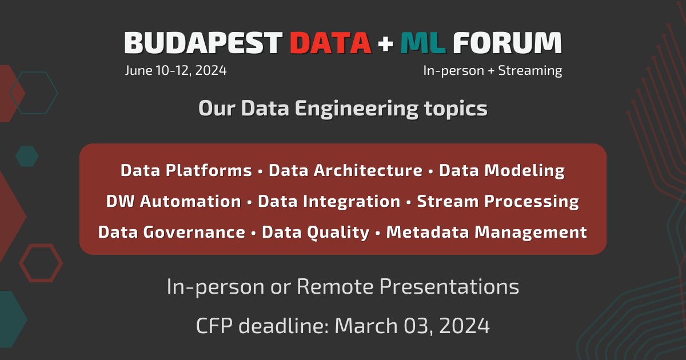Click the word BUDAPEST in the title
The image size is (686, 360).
tap(204, 43)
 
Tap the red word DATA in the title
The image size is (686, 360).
tap(331, 43)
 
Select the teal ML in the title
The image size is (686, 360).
tap(423, 43)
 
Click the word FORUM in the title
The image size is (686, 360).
tap(508, 43)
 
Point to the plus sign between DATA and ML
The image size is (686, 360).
tap(385, 43)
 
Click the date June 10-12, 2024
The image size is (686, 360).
tap(176, 71)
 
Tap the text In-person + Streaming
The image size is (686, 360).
tap(493, 71)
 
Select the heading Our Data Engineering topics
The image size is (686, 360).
tap(343, 109)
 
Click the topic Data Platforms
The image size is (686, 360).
tap(186, 170)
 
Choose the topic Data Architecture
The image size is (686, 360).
tap(345, 170)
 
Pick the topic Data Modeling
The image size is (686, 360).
tap(502, 171)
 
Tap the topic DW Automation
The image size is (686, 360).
tap(174, 201)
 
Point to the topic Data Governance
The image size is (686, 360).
tap(172, 233)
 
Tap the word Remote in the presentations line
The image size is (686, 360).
tap(336, 287)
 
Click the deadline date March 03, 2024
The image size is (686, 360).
tap(412, 326)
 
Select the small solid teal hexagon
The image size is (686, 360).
tap(27, 157)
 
